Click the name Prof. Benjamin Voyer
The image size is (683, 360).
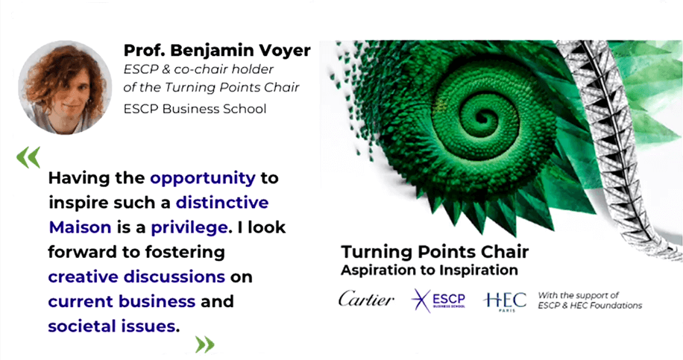click(x=217, y=51)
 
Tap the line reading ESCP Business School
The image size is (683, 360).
click(x=195, y=109)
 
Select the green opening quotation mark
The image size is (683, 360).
click(x=28, y=157)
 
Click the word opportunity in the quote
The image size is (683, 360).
click(x=203, y=178)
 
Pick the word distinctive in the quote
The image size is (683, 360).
click(x=222, y=203)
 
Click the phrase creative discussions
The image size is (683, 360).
click(x=136, y=277)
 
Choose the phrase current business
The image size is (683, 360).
click(x=122, y=301)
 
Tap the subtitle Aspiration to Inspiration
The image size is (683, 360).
click(x=429, y=269)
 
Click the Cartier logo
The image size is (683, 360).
click(x=366, y=300)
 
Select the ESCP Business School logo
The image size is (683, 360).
click(x=438, y=300)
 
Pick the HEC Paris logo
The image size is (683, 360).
click(x=504, y=300)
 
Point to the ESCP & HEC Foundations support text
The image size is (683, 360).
click(x=589, y=300)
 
